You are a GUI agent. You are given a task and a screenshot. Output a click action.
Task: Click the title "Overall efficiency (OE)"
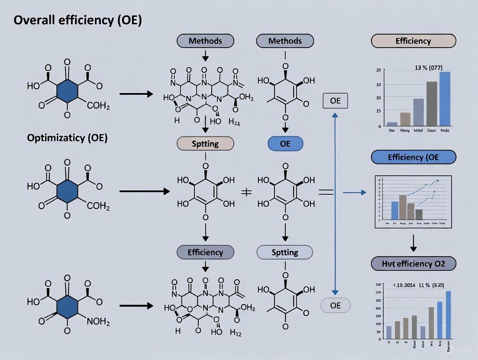point(78,21)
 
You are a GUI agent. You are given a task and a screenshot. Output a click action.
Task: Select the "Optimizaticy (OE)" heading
point(67,138)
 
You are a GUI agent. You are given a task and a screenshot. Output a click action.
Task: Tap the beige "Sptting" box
point(205,144)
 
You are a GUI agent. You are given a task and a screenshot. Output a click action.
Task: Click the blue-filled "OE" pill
point(285,144)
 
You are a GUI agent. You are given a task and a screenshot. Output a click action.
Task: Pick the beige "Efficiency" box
point(413,41)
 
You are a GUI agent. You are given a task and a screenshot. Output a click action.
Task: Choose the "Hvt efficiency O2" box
point(413,263)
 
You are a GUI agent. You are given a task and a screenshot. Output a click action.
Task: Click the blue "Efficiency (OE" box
point(413,157)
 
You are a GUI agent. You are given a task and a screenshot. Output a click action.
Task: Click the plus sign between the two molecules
point(246,192)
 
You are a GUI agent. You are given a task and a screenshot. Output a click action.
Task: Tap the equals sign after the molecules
point(326,192)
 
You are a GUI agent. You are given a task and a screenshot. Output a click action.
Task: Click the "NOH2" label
point(98,322)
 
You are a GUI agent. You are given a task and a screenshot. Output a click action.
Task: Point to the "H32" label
point(236,333)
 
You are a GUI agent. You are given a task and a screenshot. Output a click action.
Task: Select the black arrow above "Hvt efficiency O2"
point(413,243)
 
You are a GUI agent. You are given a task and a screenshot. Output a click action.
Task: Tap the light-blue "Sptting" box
point(284,252)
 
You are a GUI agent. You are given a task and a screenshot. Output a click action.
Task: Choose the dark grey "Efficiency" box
point(205,252)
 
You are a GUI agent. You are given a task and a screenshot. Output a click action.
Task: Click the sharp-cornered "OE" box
point(335,101)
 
